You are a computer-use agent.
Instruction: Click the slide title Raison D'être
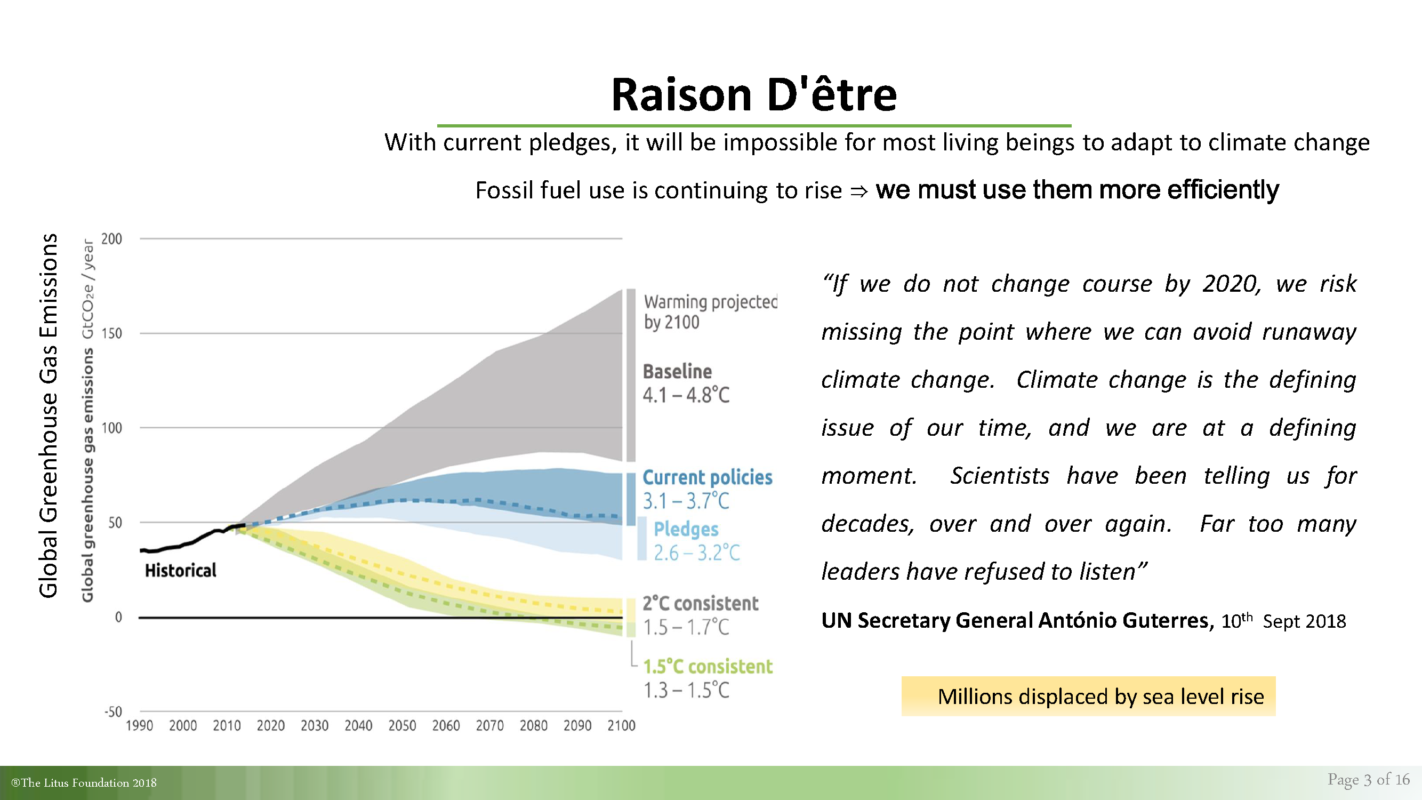click(x=754, y=94)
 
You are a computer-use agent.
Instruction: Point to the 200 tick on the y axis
click(x=111, y=239)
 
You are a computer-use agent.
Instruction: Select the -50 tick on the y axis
click(x=113, y=711)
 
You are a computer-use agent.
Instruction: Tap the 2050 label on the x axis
click(x=402, y=725)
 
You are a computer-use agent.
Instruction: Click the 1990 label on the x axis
click(x=139, y=725)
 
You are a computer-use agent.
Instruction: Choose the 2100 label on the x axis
click(x=622, y=725)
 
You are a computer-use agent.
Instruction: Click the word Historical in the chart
click(x=181, y=570)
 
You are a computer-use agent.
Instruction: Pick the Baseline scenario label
click(x=677, y=372)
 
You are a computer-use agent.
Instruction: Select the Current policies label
click(x=708, y=477)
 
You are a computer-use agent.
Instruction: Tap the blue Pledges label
click(x=686, y=529)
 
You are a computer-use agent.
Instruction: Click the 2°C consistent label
click(x=701, y=603)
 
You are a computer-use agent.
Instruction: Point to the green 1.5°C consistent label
click(x=708, y=666)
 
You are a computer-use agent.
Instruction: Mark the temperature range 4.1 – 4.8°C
click(x=686, y=395)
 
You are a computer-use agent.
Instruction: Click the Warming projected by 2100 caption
click(x=710, y=312)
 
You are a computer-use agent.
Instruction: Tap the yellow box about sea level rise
click(x=1089, y=696)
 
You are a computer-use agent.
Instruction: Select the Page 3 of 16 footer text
click(x=1369, y=779)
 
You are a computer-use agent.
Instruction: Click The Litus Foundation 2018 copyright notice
click(x=84, y=782)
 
